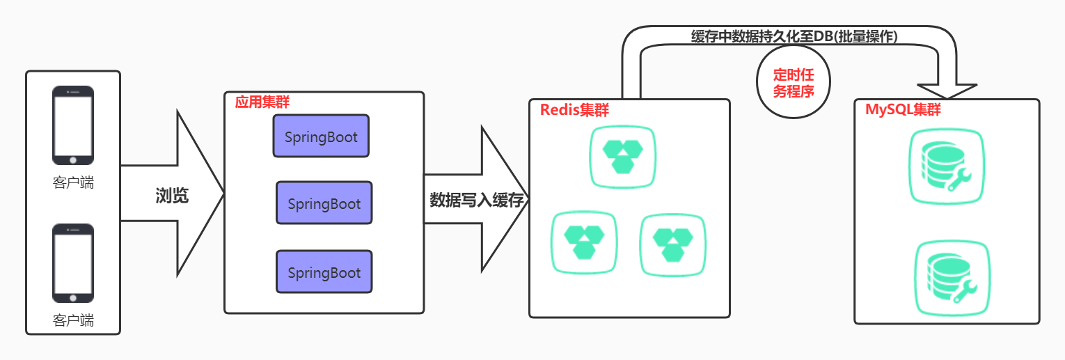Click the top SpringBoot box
pyautogui.click(x=321, y=136)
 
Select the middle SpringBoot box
pyautogui.click(x=324, y=203)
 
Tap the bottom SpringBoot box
pyautogui.click(x=324, y=272)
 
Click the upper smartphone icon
pyautogui.click(x=73, y=125)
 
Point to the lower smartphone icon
pyautogui.click(x=73, y=263)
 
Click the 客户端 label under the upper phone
pyautogui.click(x=73, y=184)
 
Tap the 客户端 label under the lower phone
pyautogui.click(x=73, y=321)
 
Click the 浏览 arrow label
pyautogui.click(x=172, y=196)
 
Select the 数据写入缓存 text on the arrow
pyautogui.click(x=476, y=201)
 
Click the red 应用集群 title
pyautogui.click(x=262, y=102)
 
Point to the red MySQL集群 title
pyautogui.click(x=903, y=109)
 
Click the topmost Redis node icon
pyautogui.click(x=623, y=157)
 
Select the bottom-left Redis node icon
pyautogui.click(x=584, y=243)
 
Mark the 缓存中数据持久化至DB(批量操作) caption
pyautogui.click(x=794, y=37)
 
